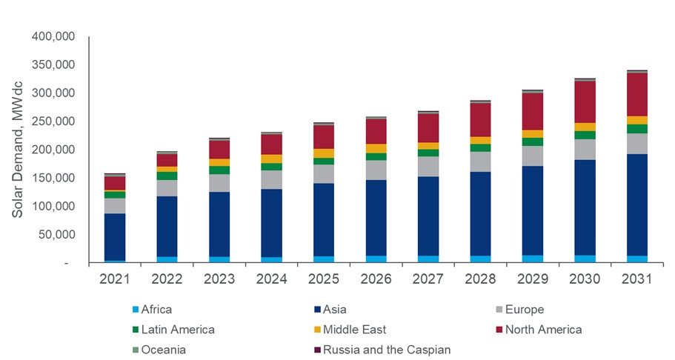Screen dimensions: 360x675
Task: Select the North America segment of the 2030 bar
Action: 594,101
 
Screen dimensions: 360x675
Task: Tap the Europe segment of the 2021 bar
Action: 114,205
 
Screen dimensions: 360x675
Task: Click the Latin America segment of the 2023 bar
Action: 219,170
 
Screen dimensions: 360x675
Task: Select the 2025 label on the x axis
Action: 323,280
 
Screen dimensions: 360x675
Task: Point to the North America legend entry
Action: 542,330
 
